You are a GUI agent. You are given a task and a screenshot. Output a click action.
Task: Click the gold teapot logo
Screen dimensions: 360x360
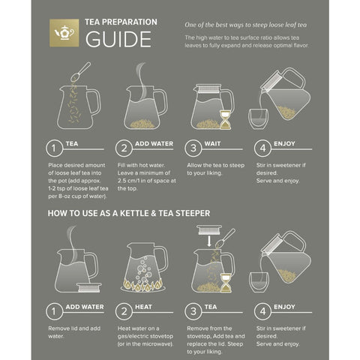point(64,31)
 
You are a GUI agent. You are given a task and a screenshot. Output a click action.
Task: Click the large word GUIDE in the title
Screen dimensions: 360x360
point(118,39)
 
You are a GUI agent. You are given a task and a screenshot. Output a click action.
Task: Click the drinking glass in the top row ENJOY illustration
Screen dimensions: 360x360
point(259,118)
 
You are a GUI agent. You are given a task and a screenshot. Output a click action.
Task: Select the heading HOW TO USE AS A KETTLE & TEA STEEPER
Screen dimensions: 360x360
point(128,213)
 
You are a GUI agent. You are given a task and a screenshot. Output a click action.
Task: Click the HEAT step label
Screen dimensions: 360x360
point(145,307)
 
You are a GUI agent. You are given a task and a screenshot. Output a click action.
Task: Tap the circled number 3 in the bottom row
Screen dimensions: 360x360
point(194,310)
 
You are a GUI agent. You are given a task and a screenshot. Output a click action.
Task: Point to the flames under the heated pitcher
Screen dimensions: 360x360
point(145,285)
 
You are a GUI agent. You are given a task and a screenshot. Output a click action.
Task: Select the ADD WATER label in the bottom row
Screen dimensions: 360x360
point(84,307)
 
